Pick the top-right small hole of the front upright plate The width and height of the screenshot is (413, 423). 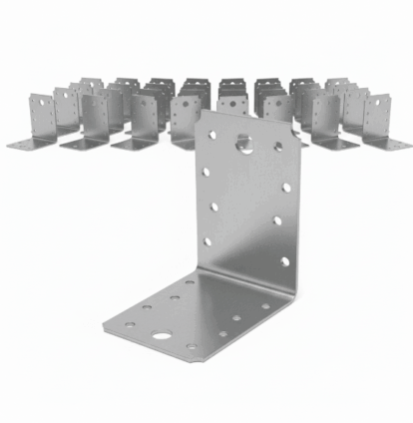click(278, 148)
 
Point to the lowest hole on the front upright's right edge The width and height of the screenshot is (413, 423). click(284, 261)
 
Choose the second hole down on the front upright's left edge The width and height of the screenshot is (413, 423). click(206, 173)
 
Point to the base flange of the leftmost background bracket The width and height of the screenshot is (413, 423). click(27, 145)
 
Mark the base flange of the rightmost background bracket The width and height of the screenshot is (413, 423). click(391, 145)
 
